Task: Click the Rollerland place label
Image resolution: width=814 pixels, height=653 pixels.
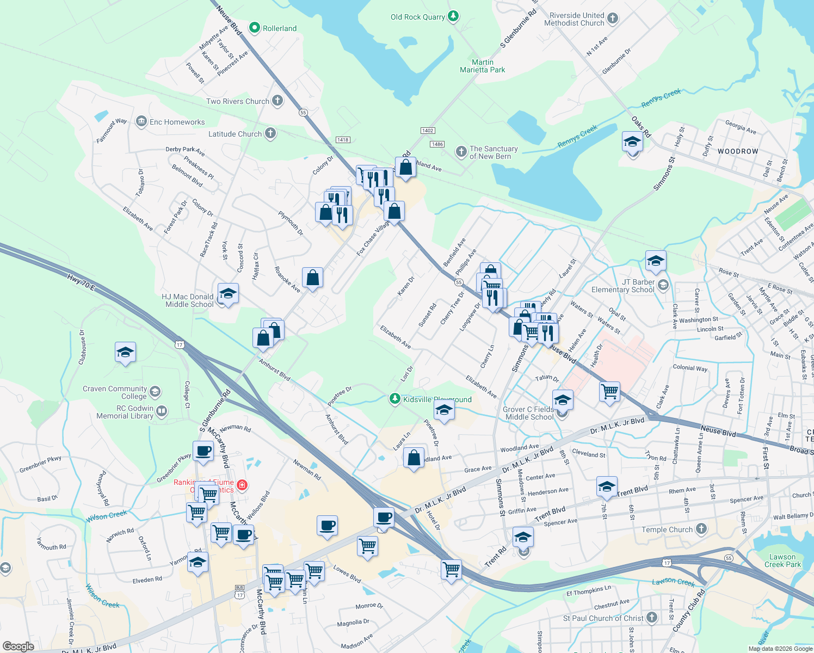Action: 280,28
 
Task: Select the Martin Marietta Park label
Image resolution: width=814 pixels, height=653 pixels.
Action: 482,66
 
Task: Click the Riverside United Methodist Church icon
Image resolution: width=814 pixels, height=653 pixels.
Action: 613,19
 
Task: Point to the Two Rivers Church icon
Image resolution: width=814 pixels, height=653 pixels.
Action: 277,100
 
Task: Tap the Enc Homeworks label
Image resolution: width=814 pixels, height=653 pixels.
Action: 177,122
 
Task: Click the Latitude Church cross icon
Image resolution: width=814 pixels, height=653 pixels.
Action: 270,133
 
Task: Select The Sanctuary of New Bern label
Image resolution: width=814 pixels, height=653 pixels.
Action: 494,152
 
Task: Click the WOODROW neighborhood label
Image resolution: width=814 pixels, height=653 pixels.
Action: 737,151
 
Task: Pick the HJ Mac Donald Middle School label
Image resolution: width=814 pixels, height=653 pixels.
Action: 188,300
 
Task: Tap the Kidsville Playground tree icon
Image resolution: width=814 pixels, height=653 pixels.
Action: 395,399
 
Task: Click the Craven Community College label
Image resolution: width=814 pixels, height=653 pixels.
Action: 115,392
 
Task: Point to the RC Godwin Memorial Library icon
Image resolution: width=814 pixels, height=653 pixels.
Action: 162,411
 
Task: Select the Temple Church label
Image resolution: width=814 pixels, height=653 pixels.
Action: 667,529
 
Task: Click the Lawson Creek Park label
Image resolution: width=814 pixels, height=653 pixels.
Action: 782,560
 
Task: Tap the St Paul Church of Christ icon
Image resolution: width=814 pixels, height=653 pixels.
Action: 652,618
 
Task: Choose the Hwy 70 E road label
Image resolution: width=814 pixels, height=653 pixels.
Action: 81,282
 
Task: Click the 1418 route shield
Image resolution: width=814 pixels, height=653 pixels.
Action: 343,140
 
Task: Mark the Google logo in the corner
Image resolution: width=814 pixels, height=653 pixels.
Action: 18,646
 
